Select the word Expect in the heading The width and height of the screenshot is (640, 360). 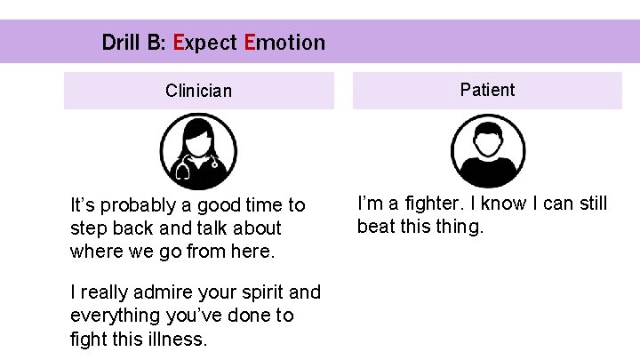[204, 42]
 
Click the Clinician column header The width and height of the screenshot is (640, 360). [198, 91]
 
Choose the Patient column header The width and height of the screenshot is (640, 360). [487, 90]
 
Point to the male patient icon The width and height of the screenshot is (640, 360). [487, 151]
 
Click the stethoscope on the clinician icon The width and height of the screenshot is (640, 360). [183, 169]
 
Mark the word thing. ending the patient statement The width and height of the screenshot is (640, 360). [460, 227]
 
